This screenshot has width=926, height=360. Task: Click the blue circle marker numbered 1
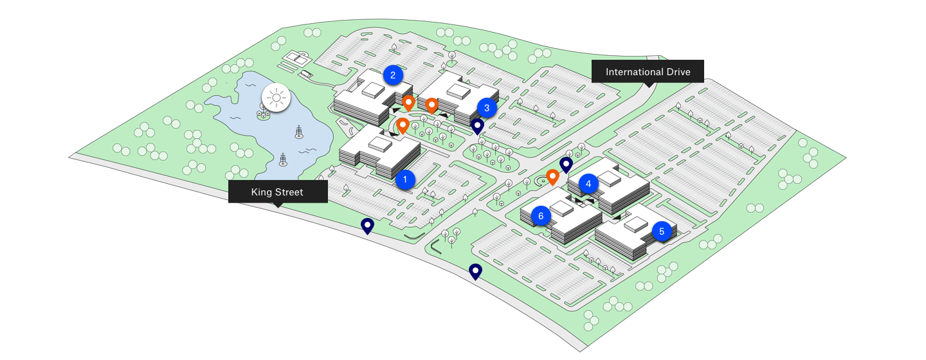point(405,179)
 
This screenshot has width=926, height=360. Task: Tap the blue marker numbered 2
point(392,75)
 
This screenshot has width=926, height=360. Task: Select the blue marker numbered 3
point(487,108)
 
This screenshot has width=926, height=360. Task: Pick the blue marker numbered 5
point(662,231)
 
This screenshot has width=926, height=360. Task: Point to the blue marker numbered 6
point(541,216)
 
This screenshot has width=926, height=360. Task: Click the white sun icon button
point(277,98)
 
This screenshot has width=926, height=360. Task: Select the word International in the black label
point(633,72)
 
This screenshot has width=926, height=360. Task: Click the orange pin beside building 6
point(552,176)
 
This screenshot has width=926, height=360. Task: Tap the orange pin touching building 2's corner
point(408,102)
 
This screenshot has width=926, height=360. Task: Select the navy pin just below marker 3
point(477,125)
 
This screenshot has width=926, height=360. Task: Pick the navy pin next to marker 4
point(566,165)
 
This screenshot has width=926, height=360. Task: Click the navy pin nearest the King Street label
point(367,226)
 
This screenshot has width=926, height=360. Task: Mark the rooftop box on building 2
point(372,91)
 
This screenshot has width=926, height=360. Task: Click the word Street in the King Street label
point(289,192)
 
